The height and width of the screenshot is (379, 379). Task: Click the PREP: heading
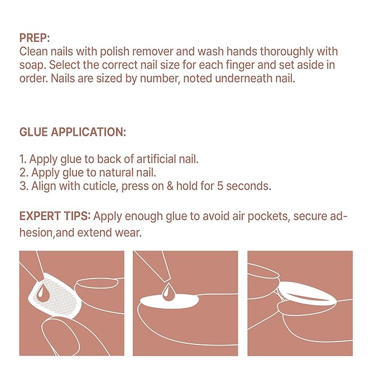pyautogui.click(x=34, y=38)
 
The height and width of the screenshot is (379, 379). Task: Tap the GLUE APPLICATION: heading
pyautogui.click(x=73, y=132)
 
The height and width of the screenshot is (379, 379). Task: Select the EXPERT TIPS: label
pyautogui.click(x=55, y=216)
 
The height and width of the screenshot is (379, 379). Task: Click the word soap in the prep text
pyautogui.click(x=32, y=65)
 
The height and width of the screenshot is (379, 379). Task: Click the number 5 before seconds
pyautogui.click(x=220, y=186)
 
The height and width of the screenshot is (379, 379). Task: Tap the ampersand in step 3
pyautogui.click(x=170, y=186)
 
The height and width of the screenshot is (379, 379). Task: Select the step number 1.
pyautogui.click(x=22, y=159)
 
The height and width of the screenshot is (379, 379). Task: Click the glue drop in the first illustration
pyautogui.click(x=42, y=293)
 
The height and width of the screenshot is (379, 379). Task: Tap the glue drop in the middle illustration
pyautogui.click(x=168, y=292)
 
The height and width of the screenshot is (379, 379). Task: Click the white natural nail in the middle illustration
pyautogui.click(x=169, y=301)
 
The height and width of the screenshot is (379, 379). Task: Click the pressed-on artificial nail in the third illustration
pyautogui.click(x=306, y=293)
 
